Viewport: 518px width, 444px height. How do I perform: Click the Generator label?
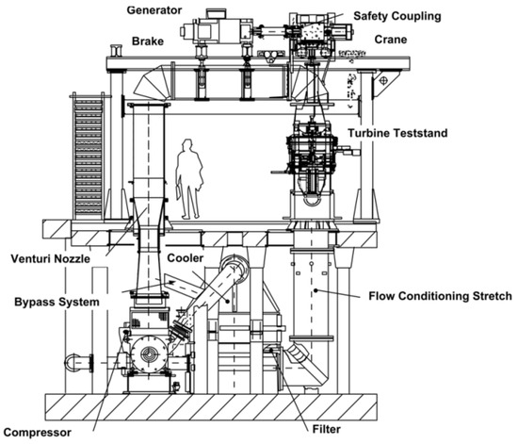point(154,10)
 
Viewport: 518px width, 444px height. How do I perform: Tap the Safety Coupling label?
point(397,16)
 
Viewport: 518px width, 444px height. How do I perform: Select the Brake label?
point(148,41)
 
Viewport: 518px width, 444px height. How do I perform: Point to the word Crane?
point(391,40)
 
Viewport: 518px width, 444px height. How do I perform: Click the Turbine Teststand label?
point(397,133)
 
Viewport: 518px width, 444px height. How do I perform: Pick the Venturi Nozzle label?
point(50,258)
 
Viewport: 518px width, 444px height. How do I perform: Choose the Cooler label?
point(185,258)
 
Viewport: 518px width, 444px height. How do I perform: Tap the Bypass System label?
point(57,302)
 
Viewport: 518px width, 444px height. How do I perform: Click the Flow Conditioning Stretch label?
point(440,296)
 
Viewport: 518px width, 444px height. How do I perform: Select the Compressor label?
point(38,433)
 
